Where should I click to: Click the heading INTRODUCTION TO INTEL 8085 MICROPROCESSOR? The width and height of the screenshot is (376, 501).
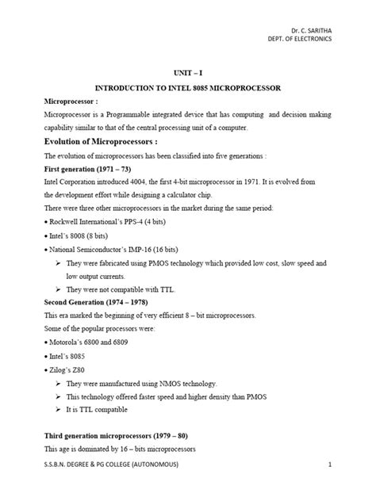point(188,86)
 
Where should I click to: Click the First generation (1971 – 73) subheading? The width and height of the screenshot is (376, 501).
point(89,170)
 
